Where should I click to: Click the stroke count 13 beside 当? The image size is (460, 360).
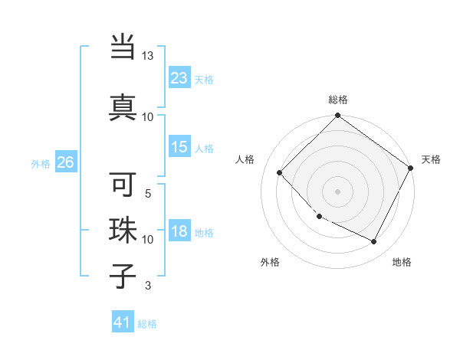tap(148, 56)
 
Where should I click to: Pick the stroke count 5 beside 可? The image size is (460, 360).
tap(148, 193)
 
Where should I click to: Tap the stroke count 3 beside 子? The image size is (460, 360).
tap(148, 286)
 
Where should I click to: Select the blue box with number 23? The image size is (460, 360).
tap(179, 77)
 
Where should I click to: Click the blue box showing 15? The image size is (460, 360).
tap(179, 147)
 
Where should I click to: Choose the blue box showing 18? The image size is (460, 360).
tap(179, 231)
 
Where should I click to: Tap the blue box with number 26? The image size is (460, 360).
tap(65, 162)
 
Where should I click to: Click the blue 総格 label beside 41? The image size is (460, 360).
tap(147, 324)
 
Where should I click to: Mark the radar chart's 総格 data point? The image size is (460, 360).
tap(337, 116)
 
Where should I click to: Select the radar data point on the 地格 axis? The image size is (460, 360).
tap(374, 242)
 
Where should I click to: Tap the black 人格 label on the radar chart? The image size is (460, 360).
tap(245, 159)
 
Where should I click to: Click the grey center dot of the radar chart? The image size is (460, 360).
tap(337, 191)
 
